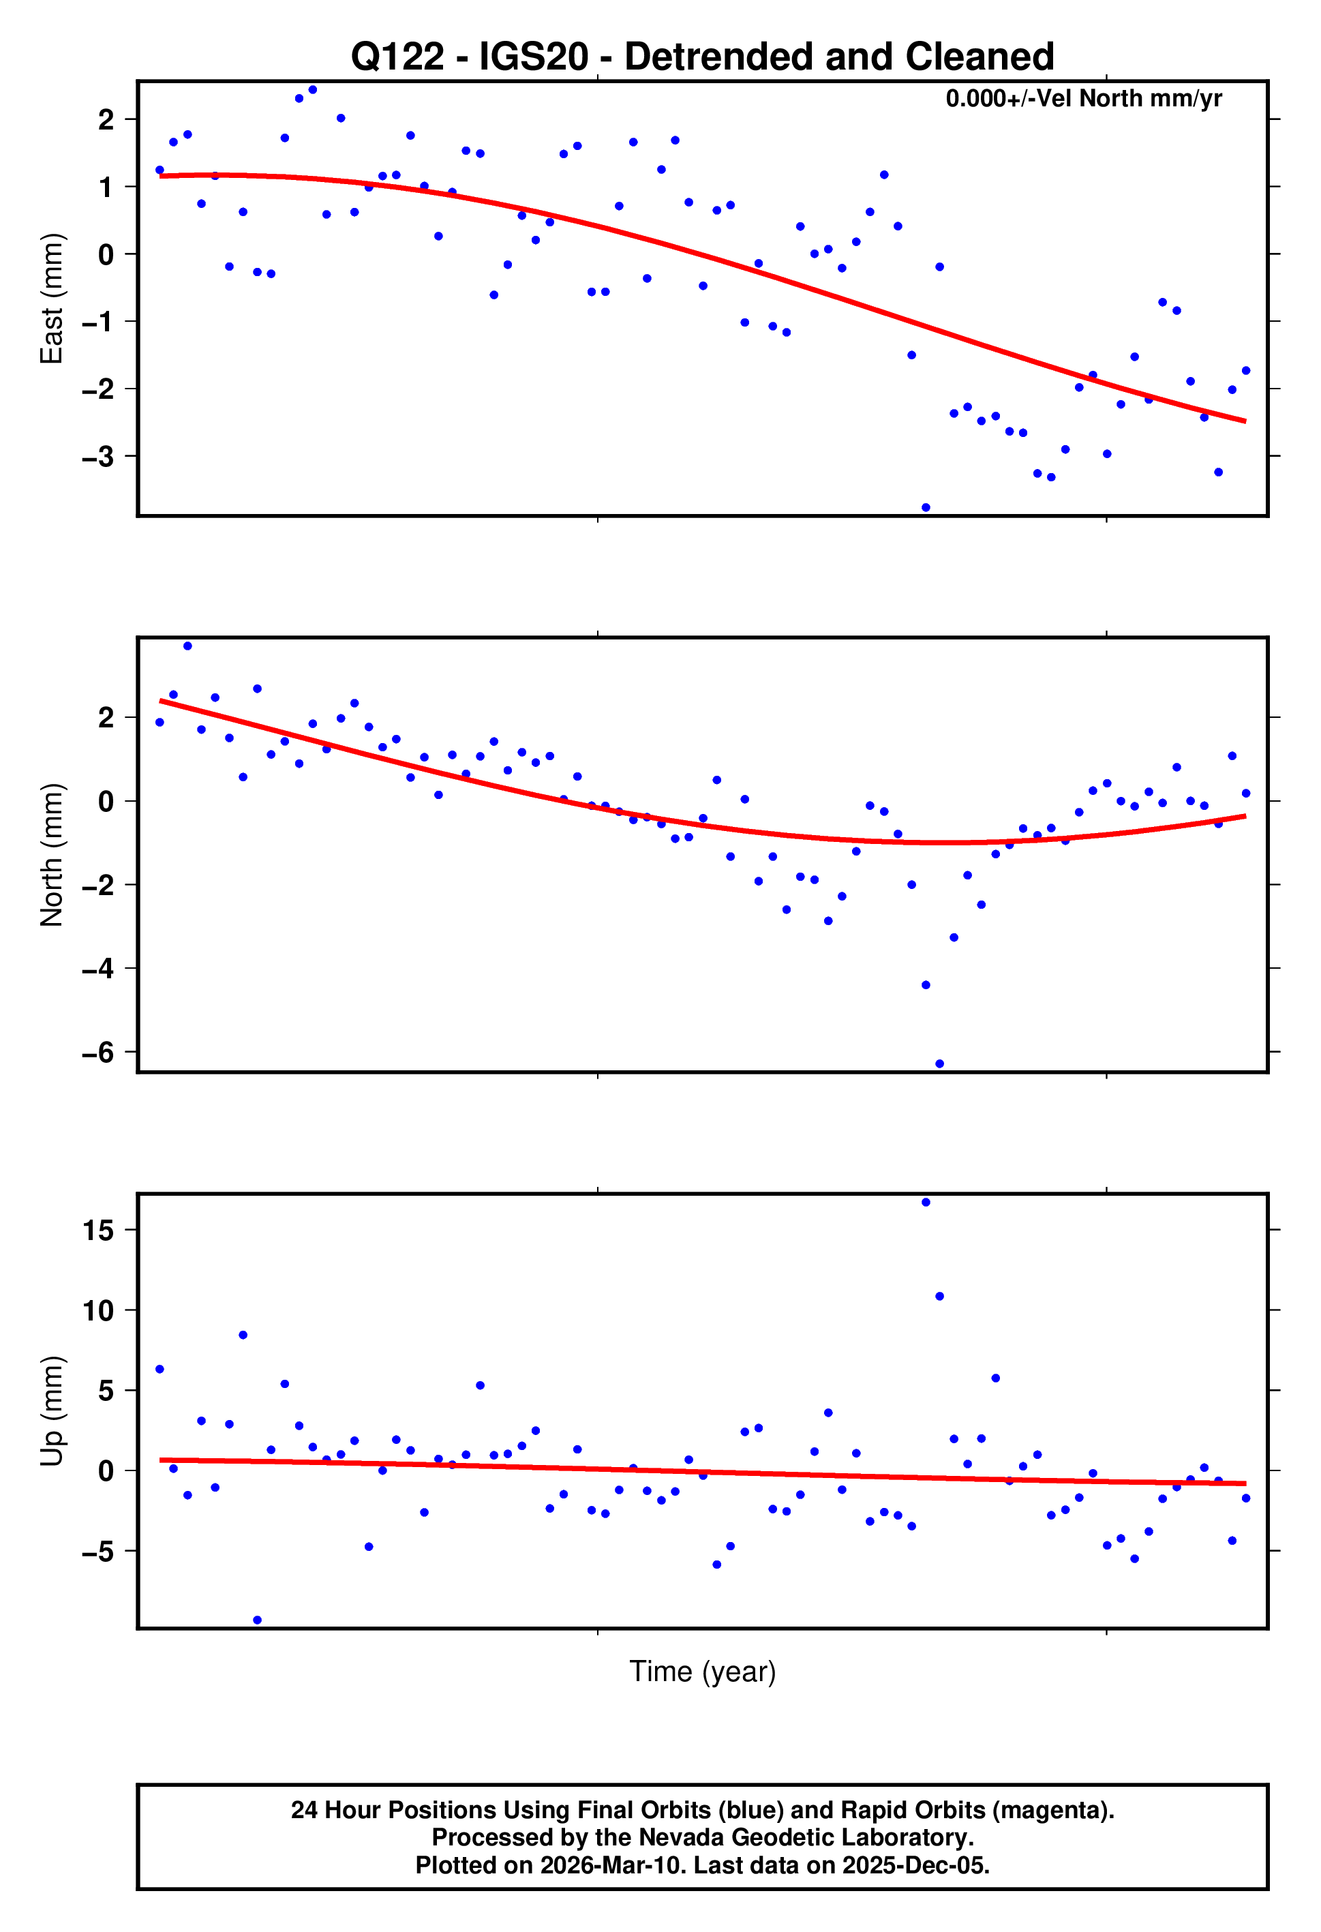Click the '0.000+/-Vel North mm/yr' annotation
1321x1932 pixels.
pyautogui.click(x=1082, y=99)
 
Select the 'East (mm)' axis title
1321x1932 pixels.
pyautogui.click(x=52, y=299)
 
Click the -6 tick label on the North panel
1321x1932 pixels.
pyautogui.click(x=98, y=1053)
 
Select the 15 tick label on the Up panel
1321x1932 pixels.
pyautogui.click(x=98, y=1230)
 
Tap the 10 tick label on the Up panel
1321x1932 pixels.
pyautogui.click(x=98, y=1310)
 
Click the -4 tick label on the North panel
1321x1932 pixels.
pyautogui.click(x=98, y=969)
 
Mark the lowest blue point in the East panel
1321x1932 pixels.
pyautogui.click(x=925, y=507)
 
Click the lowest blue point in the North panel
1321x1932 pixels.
pyautogui.click(x=939, y=1063)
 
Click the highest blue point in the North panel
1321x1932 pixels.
pyautogui.click(x=187, y=646)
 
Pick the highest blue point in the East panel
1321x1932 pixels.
pyautogui.click(x=313, y=90)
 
